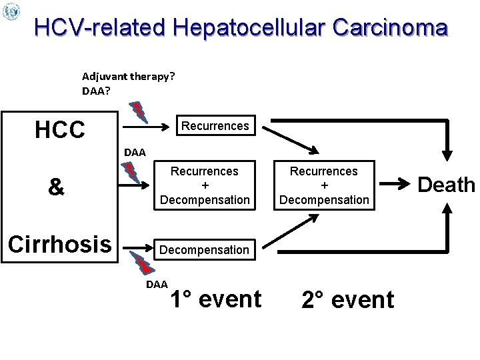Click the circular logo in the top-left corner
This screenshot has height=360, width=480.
(x=11, y=11)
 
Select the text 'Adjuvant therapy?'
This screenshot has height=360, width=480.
(x=129, y=76)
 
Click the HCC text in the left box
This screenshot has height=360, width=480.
(x=60, y=129)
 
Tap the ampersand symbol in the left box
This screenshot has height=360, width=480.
(x=57, y=187)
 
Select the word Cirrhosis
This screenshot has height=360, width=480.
(x=59, y=244)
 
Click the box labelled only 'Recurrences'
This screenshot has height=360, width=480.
(x=215, y=125)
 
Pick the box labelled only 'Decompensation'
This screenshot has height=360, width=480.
(x=204, y=250)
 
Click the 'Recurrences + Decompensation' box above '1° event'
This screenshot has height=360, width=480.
(x=204, y=185)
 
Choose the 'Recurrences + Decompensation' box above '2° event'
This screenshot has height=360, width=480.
(x=324, y=185)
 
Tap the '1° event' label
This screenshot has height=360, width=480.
(x=215, y=299)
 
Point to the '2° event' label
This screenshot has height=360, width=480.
(x=347, y=300)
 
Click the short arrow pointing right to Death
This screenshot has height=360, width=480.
(x=397, y=182)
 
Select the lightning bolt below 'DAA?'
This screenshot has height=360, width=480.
(x=138, y=111)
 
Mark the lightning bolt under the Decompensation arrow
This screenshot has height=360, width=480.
(x=142, y=264)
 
